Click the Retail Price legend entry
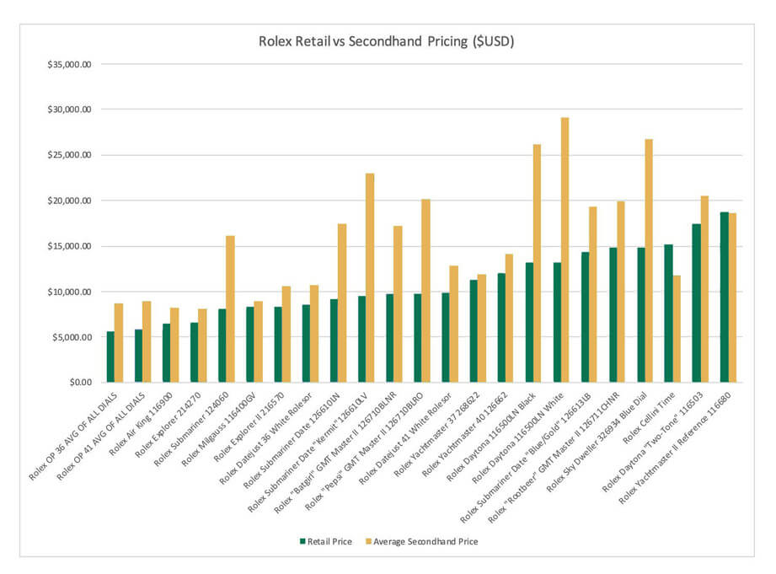pos(329,541)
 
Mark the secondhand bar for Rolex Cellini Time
pos(677,329)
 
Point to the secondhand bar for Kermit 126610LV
pos(370,277)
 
